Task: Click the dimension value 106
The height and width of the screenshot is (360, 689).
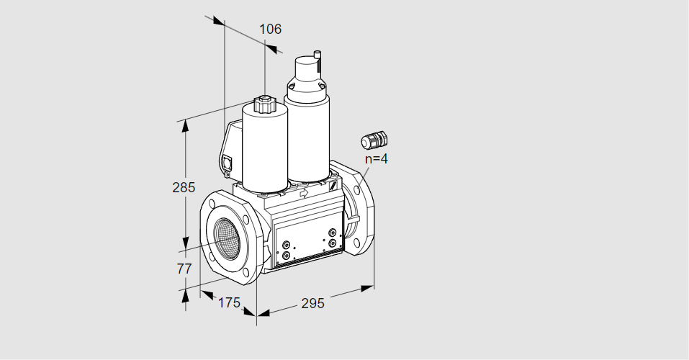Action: (x=270, y=29)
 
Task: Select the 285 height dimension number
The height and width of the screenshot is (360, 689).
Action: (x=184, y=188)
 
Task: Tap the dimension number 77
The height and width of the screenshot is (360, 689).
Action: (x=184, y=269)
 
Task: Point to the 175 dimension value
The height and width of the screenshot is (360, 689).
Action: (x=230, y=302)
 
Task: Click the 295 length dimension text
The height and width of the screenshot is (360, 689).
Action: (x=312, y=303)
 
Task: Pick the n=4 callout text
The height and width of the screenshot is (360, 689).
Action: (x=377, y=158)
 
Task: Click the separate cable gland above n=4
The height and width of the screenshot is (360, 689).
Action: (x=374, y=140)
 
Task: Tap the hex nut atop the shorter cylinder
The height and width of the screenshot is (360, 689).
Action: (x=264, y=104)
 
